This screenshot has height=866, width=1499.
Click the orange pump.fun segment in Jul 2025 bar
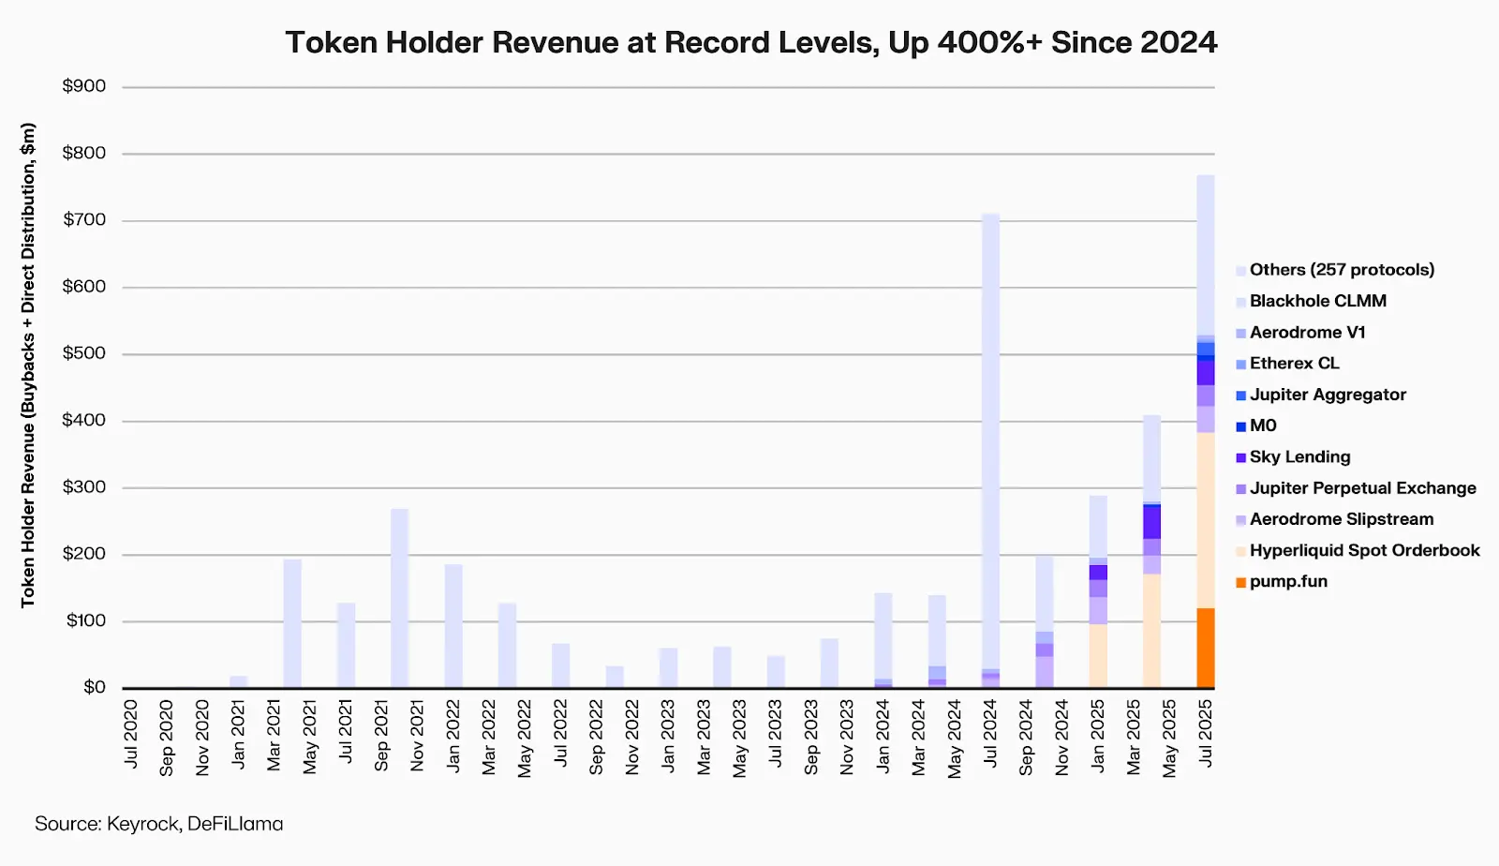tap(1205, 648)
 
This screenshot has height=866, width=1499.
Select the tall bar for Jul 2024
tap(990, 440)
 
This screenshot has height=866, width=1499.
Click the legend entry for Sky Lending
tap(1299, 457)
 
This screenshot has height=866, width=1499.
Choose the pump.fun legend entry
tap(1288, 582)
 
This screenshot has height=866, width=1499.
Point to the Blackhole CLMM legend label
tap(1317, 301)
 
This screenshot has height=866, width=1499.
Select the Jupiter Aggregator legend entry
tap(1328, 395)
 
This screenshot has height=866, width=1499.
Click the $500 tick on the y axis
tap(83, 353)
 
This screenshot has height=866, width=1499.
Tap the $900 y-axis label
tap(83, 86)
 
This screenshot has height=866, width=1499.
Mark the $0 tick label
tap(94, 687)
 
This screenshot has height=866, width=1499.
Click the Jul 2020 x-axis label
tap(131, 734)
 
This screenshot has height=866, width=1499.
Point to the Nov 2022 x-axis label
tap(632, 737)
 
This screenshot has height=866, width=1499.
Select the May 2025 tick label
tap(1169, 738)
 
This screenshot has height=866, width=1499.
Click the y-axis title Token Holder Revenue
tap(28, 366)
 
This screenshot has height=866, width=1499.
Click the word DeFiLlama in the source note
tap(235, 824)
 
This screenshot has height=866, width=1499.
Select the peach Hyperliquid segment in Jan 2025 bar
tap(1098, 655)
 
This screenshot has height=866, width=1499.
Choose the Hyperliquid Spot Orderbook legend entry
tap(1364, 550)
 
